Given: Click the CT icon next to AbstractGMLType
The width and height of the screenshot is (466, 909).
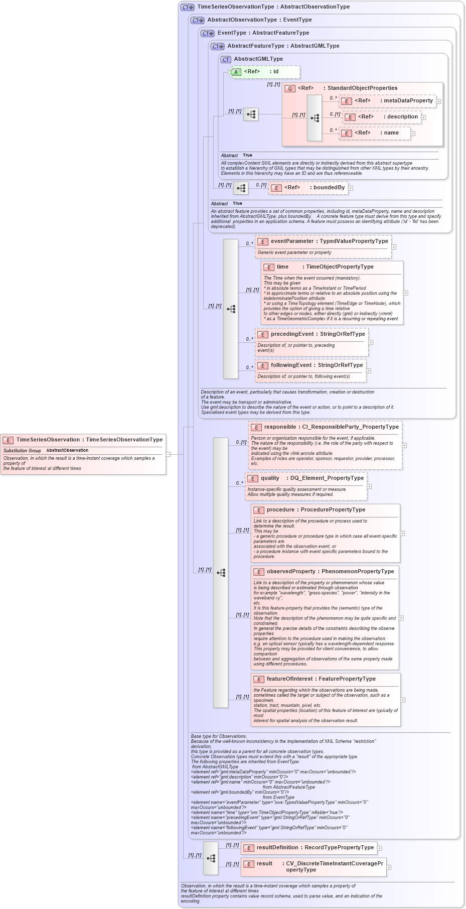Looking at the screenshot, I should click(226, 59).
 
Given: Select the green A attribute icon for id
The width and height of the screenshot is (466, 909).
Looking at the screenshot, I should click(236, 72).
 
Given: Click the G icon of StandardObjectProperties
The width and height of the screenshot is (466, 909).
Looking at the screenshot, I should click(290, 88).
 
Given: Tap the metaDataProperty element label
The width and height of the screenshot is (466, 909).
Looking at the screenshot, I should click(408, 101).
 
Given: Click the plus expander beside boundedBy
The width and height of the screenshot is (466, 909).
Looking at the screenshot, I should click(351, 188).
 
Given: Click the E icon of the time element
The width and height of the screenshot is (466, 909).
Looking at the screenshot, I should click(269, 268).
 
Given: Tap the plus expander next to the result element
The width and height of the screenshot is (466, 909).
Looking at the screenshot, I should click(389, 867).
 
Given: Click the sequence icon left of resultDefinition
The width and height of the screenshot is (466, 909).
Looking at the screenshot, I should click(211, 858).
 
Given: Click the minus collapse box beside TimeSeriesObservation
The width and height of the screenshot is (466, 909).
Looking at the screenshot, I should click(169, 454).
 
